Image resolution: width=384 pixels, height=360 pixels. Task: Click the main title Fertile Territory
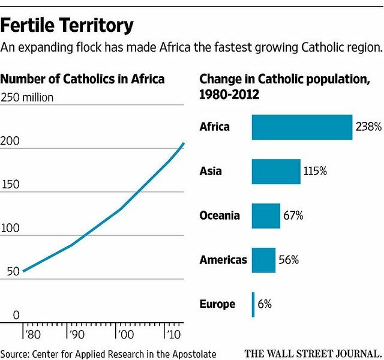pyautogui.click(x=67, y=26)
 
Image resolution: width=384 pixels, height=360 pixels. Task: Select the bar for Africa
pyautogui.click(x=302, y=127)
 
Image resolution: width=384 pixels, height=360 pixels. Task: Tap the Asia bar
pyautogui.click(x=276, y=172)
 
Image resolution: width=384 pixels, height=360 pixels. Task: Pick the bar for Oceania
pyautogui.click(x=266, y=216)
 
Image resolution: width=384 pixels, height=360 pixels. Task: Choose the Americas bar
pyautogui.click(x=263, y=260)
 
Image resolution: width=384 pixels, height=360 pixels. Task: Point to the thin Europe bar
pyautogui.click(x=253, y=304)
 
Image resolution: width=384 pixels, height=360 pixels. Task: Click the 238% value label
pyautogui.click(x=368, y=127)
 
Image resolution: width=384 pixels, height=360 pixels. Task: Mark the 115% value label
pyautogui.click(x=314, y=172)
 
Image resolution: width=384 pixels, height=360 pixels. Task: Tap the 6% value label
pyautogui.click(x=265, y=304)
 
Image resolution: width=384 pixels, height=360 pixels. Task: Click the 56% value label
pyautogui.click(x=289, y=260)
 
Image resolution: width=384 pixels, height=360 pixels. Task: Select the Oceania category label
pyautogui.click(x=220, y=216)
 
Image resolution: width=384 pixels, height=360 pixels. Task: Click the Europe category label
pyautogui.click(x=217, y=304)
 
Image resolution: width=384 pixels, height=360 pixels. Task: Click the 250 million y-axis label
pyautogui.click(x=28, y=98)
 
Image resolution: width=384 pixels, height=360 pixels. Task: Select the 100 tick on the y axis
pyautogui.click(x=12, y=229)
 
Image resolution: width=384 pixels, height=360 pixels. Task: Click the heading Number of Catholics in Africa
pyautogui.click(x=82, y=79)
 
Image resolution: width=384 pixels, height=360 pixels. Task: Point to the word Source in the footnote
pyautogui.click(x=15, y=353)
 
